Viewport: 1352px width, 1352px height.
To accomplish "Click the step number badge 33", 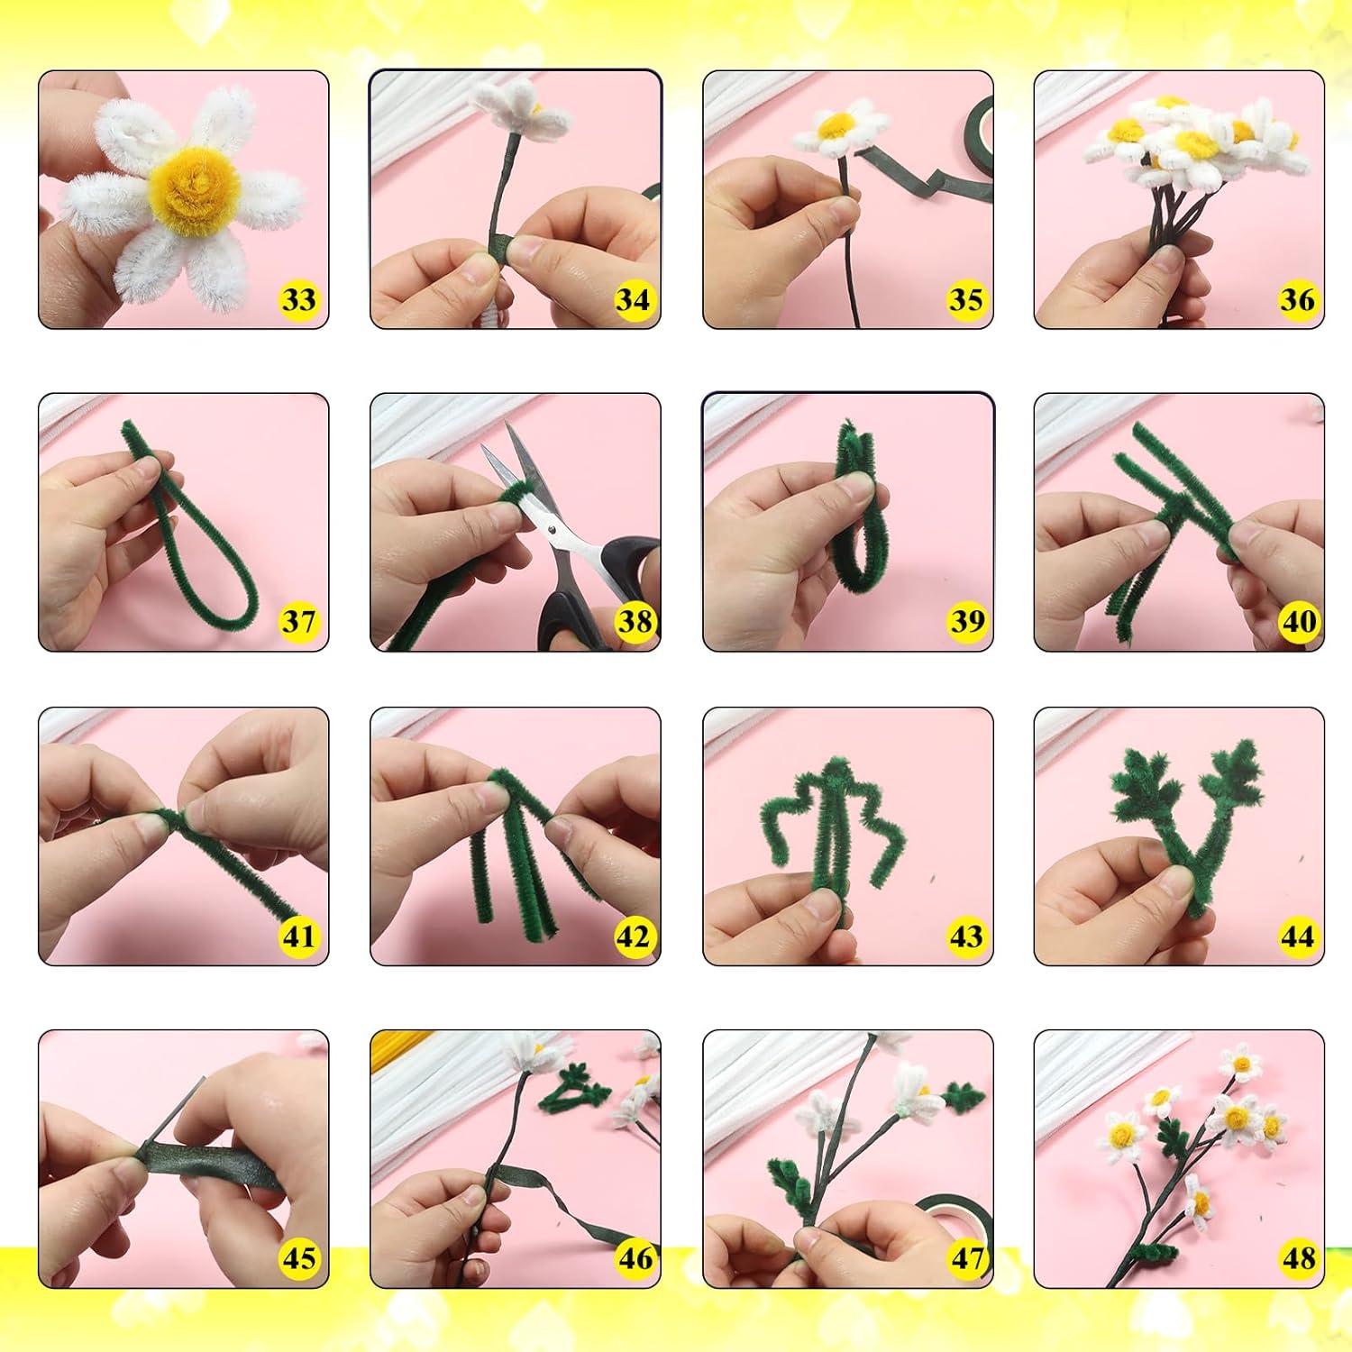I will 298,299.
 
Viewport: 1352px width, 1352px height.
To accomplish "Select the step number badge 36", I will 1297,299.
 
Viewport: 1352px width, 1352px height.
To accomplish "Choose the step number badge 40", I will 1297,621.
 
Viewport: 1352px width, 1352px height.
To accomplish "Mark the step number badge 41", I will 298,936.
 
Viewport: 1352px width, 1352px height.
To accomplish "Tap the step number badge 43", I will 965,936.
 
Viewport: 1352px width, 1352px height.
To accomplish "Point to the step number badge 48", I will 1297,1258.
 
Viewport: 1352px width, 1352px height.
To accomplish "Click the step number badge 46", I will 634,1258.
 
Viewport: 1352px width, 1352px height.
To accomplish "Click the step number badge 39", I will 965,621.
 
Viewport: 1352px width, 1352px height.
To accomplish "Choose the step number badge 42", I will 634,936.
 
